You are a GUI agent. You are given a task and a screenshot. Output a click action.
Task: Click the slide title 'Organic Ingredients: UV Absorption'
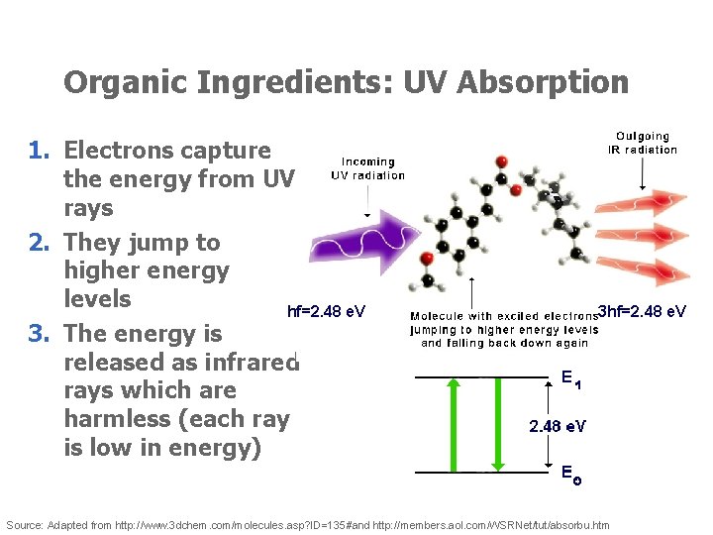click(x=346, y=82)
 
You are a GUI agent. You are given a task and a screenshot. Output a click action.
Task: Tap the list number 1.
click(x=39, y=151)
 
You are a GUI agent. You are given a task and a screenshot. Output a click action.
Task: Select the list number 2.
click(x=39, y=243)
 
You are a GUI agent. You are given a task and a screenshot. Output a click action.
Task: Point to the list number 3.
click(x=39, y=333)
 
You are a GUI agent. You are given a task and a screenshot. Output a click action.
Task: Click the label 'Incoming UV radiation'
click(x=367, y=168)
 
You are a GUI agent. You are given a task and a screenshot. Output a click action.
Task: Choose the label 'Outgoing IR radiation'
click(x=643, y=143)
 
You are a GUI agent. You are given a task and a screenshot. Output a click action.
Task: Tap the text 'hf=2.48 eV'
click(x=326, y=312)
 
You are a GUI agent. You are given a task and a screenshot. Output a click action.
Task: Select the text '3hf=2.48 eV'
click(x=643, y=312)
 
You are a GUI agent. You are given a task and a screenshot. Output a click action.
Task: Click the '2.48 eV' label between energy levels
click(x=557, y=426)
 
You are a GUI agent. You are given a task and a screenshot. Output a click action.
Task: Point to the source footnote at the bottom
click(x=308, y=524)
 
